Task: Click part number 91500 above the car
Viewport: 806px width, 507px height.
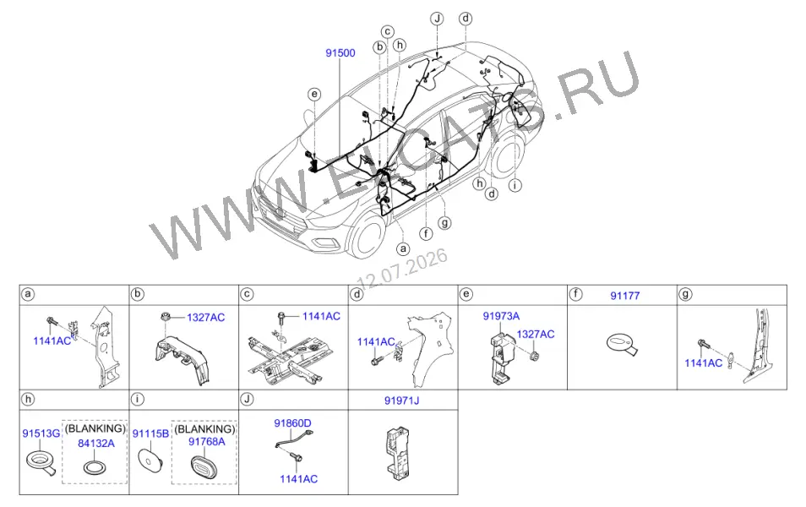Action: coord(340,53)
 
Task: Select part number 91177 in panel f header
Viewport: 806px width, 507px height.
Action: coord(625,296)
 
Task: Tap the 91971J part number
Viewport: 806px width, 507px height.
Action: coord(402,400)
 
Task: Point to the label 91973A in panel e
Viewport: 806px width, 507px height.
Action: coord(501,316)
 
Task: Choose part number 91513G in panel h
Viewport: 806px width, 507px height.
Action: coord(41,433)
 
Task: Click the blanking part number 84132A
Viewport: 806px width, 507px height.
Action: coord(96,444)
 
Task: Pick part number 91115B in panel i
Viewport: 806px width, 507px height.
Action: coord(150,433)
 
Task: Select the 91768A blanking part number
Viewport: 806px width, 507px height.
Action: coord(207,442)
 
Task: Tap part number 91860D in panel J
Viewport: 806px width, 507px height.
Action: coord(292,423)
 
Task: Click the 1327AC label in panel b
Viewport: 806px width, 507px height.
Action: coord(205,317)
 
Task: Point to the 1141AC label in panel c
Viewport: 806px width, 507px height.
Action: coord(321,316)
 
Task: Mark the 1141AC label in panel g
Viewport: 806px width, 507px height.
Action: coord(703,363)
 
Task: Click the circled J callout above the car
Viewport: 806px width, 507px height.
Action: coord(437,19)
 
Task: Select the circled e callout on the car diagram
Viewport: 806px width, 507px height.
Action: coord(314,94)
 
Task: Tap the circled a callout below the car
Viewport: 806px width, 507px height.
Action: coord(404,249)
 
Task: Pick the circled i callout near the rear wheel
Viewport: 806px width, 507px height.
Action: coord(515,185)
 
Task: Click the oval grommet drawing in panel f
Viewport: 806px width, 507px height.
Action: coord(622,343)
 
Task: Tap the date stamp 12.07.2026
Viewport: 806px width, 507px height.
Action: coord(402,270)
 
